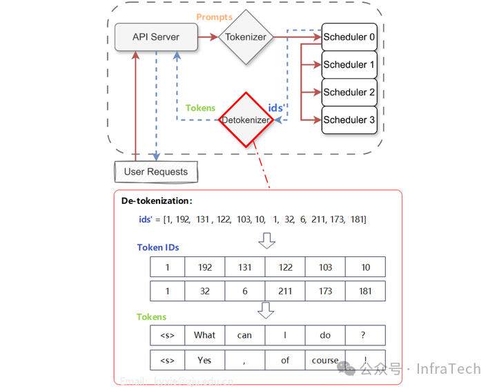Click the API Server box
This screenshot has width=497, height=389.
coord(156,37)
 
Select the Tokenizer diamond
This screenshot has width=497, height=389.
coord(246,37)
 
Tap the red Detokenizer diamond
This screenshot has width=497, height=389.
coord(246,120)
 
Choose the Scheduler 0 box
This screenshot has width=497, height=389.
coord(349,37)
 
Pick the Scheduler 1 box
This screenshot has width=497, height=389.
coord(349,64)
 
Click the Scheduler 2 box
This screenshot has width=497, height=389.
coord(349,92)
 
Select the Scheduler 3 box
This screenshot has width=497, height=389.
coord(349,120)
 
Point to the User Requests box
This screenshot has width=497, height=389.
coord(155,171)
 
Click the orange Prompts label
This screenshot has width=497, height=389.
coord(215,17)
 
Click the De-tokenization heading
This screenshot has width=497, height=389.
coord(157,201)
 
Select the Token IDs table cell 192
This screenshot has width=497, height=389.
coord(205,267)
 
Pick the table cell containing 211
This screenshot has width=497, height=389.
coord(285,291)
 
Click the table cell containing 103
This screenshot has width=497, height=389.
coord(325,267)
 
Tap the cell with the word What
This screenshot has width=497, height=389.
coord(205,335)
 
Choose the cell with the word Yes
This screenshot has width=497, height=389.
coord(205,360)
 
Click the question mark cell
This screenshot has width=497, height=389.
coord(365,335)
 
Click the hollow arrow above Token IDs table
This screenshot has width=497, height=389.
coord(266,240)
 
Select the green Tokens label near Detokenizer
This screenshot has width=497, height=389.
coord(200,108)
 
